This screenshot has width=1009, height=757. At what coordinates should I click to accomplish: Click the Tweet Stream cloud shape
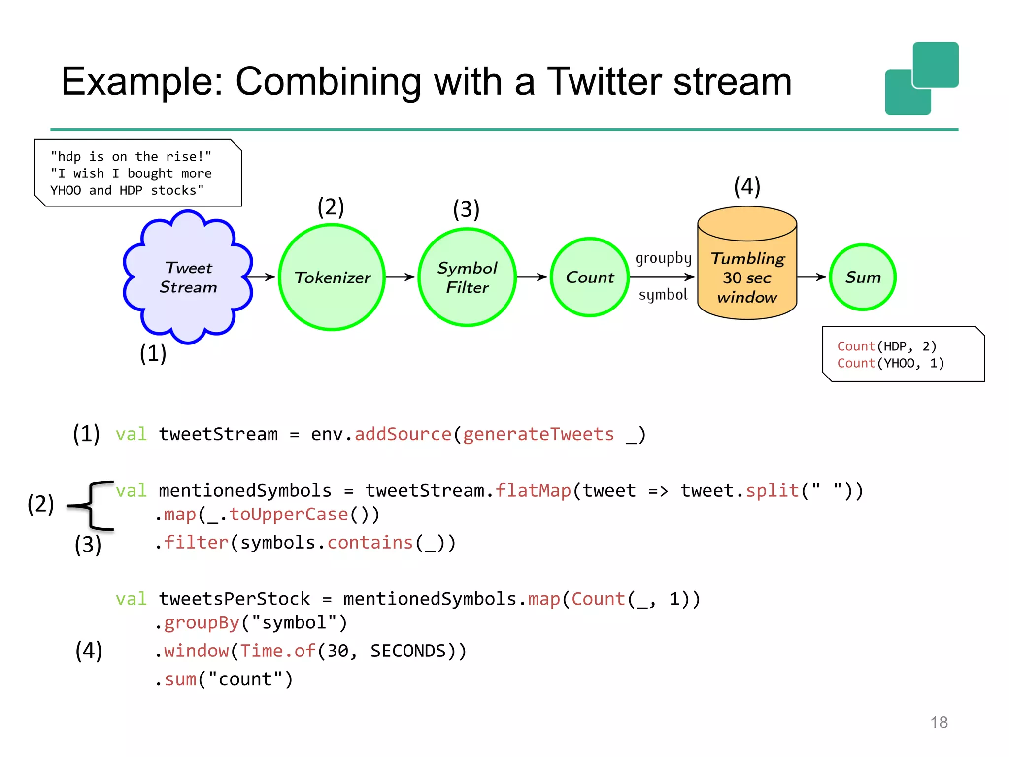coord(188,277)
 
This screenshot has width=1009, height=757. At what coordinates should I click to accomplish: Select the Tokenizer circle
coord(332,277)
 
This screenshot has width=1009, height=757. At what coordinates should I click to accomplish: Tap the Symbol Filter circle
coord(467,277)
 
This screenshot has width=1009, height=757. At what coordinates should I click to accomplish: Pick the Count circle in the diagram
coord(590,277)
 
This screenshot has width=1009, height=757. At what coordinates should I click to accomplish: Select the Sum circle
coord(862,277)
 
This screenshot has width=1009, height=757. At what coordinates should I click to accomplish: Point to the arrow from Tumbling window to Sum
coord(811,277)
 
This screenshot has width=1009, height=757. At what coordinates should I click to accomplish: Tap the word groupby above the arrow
coord(663,258)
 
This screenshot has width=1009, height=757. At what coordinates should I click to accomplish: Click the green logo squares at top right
coord(921,79)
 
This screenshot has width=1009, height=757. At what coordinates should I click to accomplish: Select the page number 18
coord(939,722)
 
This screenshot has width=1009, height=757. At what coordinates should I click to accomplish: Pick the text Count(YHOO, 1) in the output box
coord(890,363)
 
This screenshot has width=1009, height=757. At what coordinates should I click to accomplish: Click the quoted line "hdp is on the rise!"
coord(131,157)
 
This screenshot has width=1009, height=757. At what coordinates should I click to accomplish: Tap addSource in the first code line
coord(403,434)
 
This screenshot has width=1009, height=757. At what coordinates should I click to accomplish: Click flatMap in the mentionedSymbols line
coord(533,491)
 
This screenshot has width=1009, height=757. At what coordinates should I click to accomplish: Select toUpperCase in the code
coord(289,515)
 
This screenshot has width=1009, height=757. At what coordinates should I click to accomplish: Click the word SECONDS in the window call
coord(408,651)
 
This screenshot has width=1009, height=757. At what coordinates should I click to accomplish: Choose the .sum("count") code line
coord(225,679)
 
